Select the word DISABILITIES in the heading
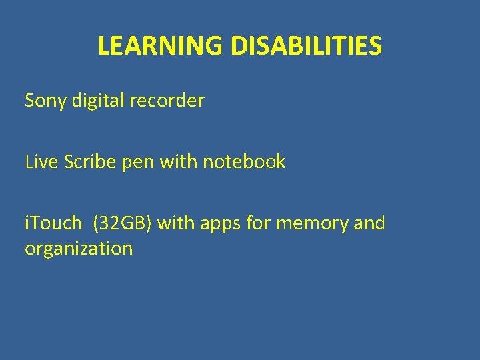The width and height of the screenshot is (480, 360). pyautogui.click(x=307, y=46)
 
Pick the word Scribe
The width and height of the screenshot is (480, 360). pyautogui.click(x=89, y=161)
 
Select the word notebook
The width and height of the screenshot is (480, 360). pyautogui.click(x=244, y=161)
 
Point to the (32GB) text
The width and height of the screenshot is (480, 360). pyautogui.click(x=124, y=223)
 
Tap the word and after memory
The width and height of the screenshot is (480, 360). pyautogui.click(x=369, y=223)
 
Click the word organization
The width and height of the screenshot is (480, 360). pyautogui.click(x=79, y=249)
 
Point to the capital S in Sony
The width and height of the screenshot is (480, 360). pyautogui.click(x=30, y=101)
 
